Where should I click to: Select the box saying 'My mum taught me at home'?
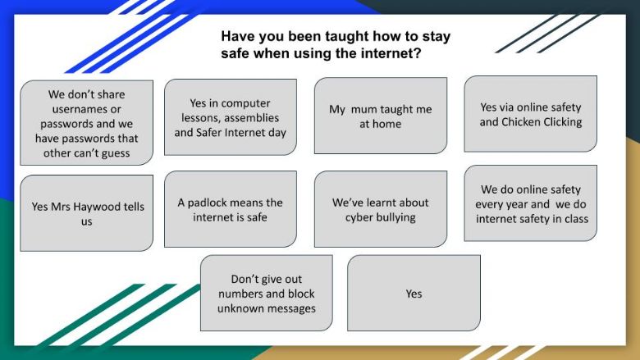coord(381,116)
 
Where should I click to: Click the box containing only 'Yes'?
coord(414,293)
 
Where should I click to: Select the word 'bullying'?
coord(395,217)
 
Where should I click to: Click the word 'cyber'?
coord(358,217)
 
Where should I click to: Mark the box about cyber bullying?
coord(381,209)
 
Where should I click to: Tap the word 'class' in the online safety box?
coord(576,219)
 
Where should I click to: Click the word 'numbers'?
coord(239,294)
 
